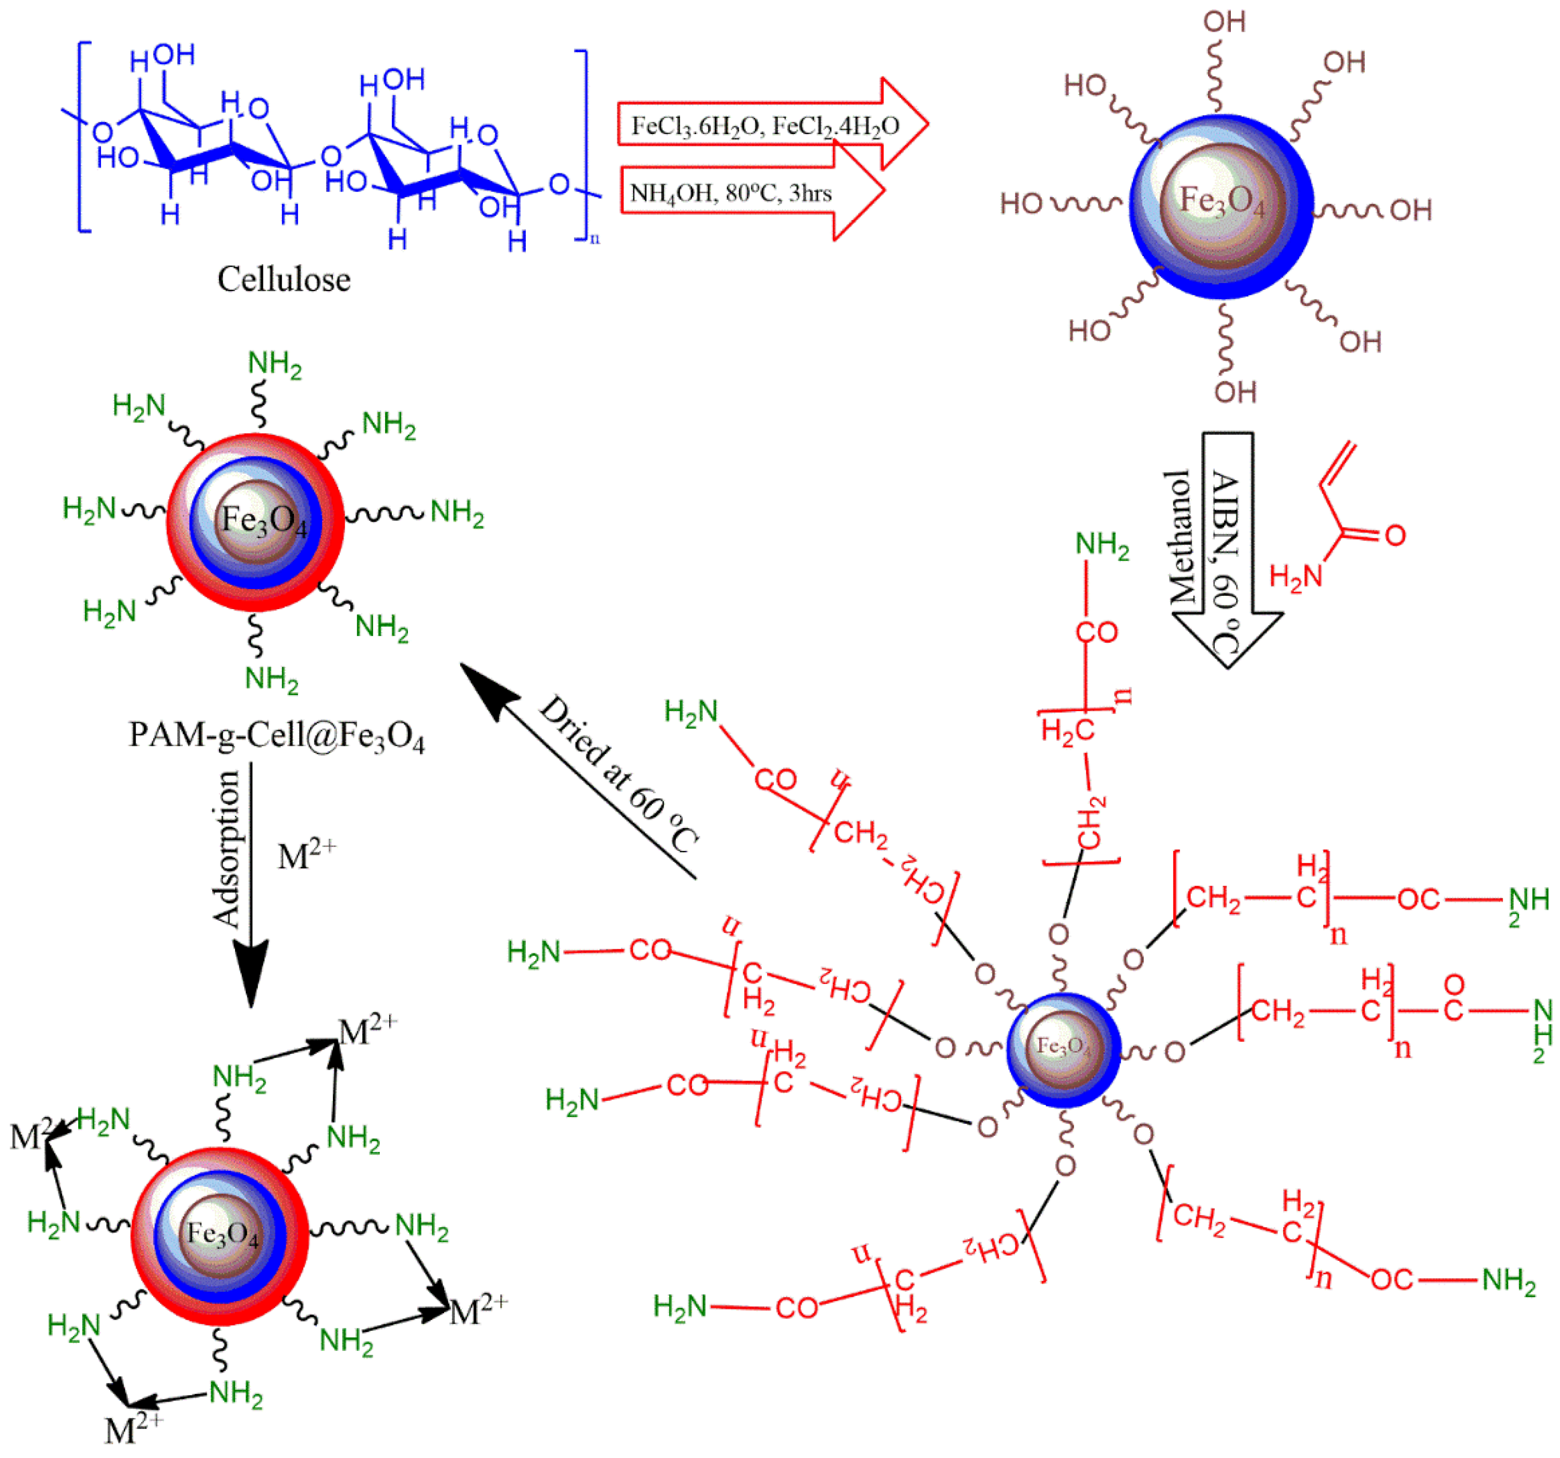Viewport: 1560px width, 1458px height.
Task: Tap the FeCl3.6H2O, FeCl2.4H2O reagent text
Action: point(764,126)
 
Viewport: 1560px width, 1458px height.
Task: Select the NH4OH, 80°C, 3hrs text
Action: point(730,192)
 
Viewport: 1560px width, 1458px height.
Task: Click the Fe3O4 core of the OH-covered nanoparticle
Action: point(1222,202)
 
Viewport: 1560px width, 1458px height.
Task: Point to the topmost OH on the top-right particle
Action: point(1224,22)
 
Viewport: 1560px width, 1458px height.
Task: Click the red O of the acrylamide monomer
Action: point(1394,536)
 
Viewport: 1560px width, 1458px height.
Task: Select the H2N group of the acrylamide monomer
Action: point(1296,577)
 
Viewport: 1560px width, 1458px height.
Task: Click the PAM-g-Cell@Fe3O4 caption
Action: point(276,736)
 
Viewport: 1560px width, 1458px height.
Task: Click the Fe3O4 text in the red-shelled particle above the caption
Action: point(263,520)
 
